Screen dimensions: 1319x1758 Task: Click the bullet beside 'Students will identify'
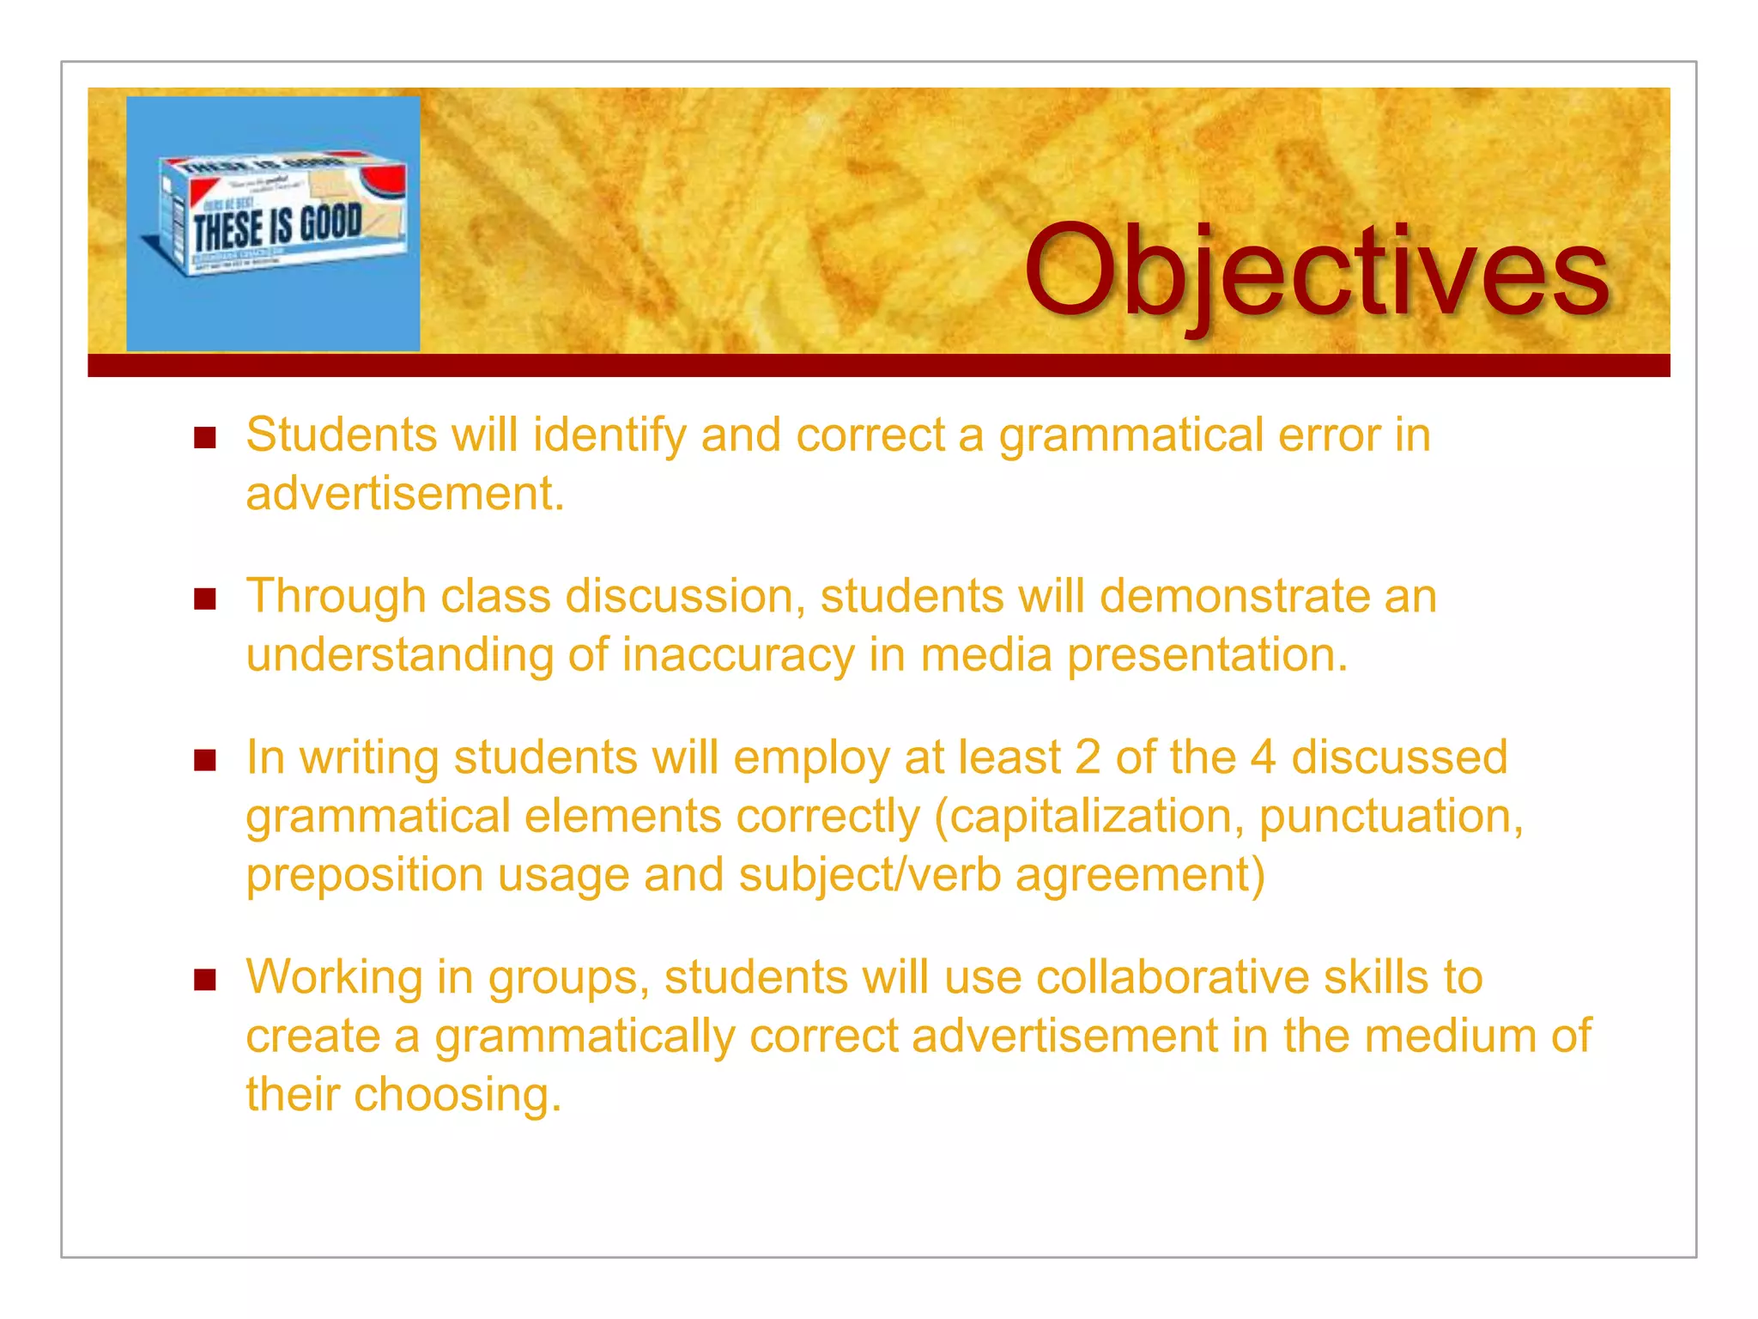click(204, 438)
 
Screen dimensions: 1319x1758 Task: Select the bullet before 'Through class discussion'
click(204, 599)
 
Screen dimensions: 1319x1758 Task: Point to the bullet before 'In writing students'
click(204, 760)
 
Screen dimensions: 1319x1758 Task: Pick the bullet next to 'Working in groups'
click(204, 980)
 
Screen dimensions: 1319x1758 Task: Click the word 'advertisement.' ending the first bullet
click(405, 494)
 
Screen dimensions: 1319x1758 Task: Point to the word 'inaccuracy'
click(738, 655)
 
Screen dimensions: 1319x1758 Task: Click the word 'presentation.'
click(1208, 655)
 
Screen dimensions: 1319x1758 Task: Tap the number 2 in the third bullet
click(1088, 757)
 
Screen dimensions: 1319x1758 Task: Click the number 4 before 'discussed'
click(1263, 757)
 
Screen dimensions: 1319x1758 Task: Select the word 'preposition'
click(365, 875)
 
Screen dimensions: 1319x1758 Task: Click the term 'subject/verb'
click(870, 875)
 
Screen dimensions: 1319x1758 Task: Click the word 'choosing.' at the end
click(458, 1095)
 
